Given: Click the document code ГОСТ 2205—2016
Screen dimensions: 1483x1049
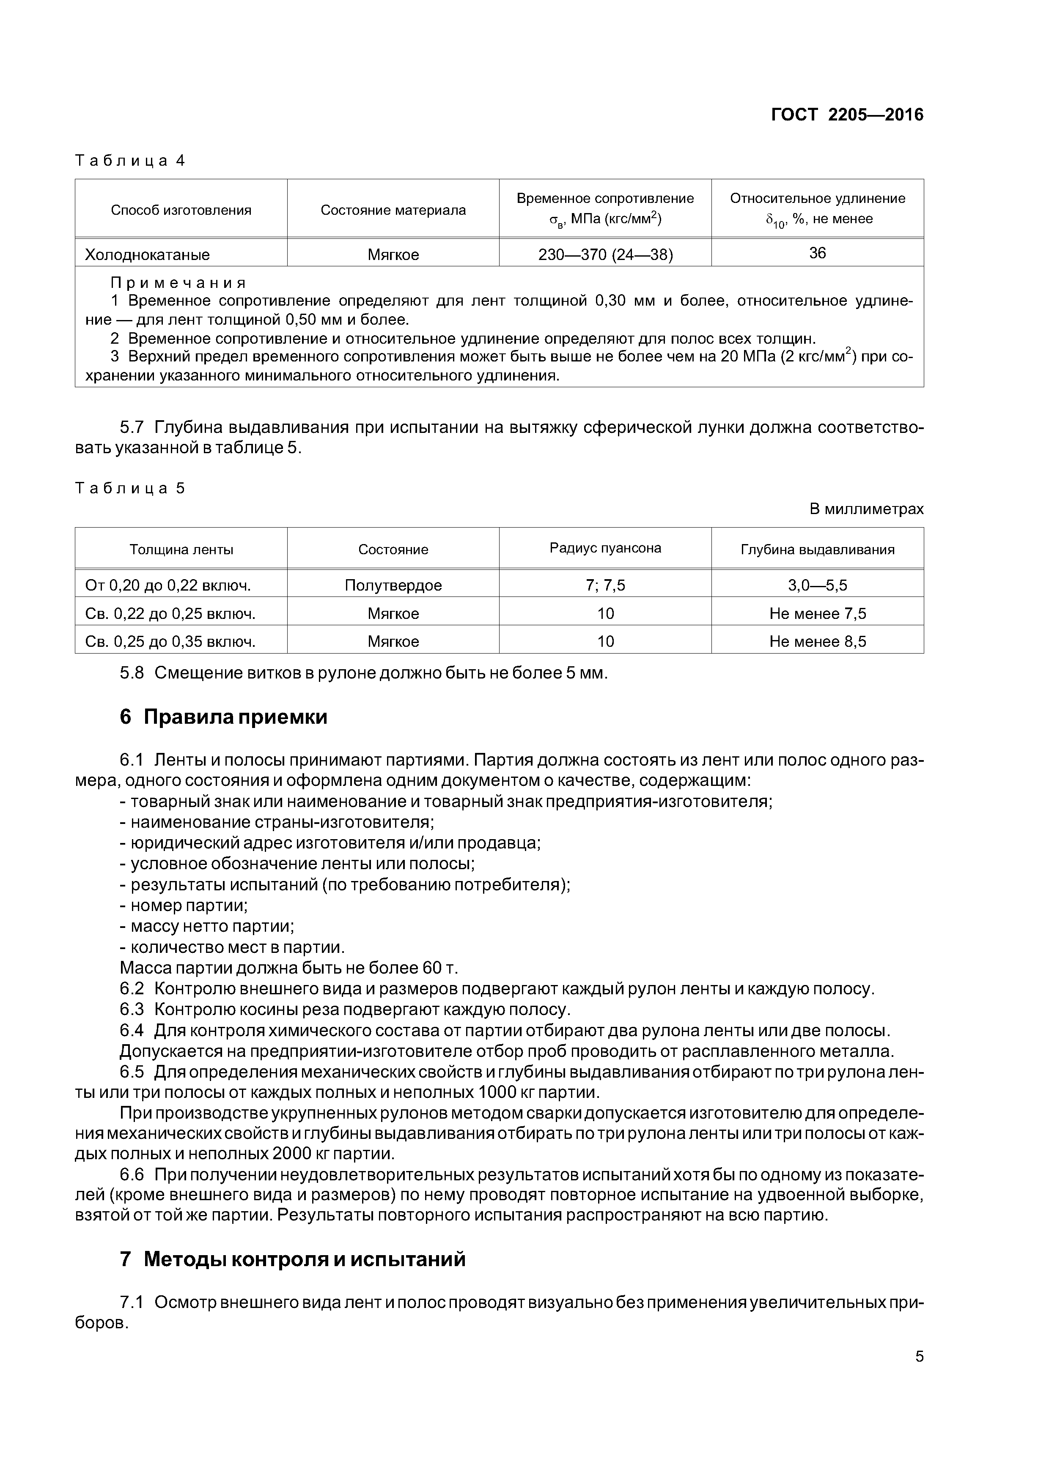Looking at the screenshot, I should (847, 115).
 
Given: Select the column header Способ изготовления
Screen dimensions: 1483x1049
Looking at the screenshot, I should (181, 210).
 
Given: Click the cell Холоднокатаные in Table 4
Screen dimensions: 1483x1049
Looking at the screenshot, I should (147, 254).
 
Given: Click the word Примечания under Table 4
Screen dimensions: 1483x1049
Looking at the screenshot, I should (178, 283).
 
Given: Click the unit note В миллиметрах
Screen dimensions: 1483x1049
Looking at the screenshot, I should (866, 509).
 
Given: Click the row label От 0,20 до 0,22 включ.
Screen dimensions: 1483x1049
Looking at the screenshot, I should (168, 585).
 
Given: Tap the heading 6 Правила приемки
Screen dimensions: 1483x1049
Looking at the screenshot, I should (224, 717).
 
